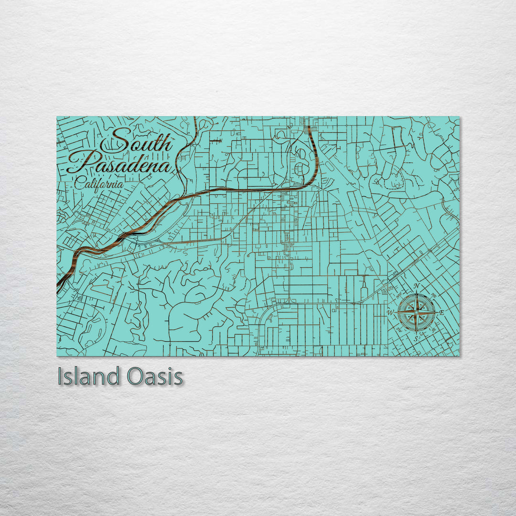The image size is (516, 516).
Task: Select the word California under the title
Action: coord(99,183)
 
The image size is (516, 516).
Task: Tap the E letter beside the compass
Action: coord(441,312)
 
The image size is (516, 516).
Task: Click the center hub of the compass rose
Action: coord(416,312)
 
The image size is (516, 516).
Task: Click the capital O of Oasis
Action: coord(136,377)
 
